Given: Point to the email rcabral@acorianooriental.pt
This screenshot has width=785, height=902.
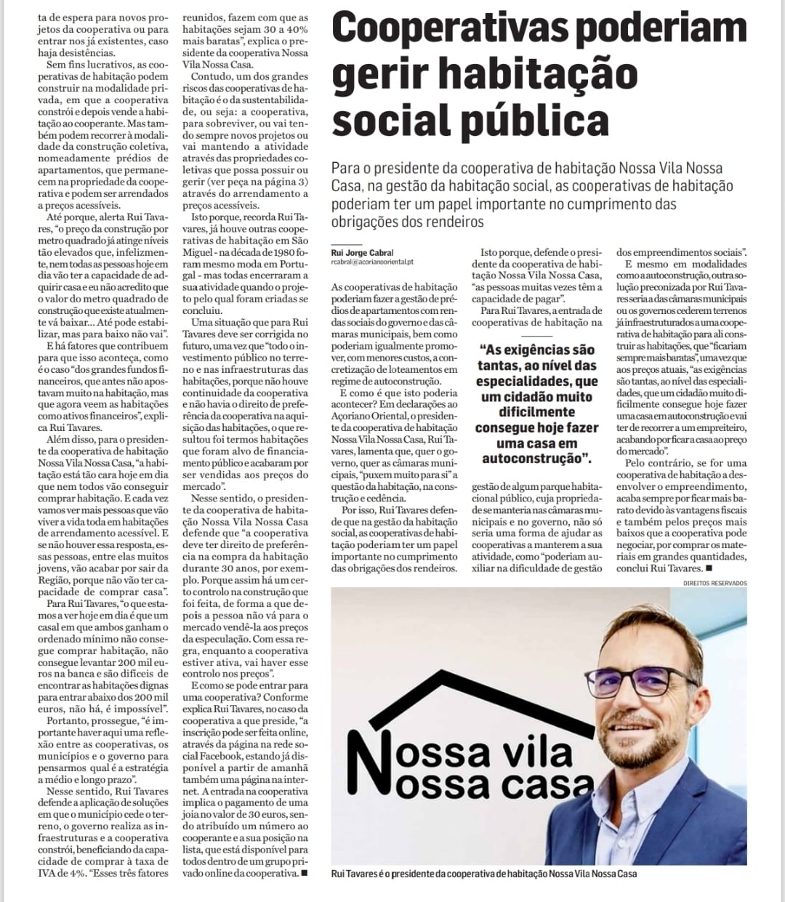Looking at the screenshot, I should coord(371,262).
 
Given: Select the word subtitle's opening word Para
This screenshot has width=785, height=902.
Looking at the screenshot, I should coord(345,167).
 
